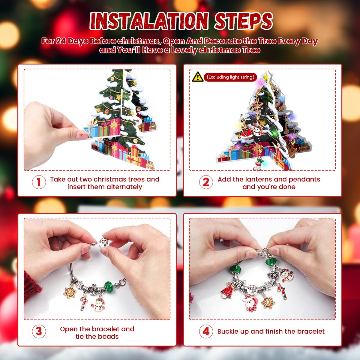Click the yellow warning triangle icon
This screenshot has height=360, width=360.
point(198,77)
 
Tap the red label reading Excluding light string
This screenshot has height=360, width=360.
point(230,77)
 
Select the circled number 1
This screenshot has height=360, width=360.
point(39,182)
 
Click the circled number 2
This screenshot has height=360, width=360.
point(206,182)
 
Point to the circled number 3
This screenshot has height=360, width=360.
point(39,331)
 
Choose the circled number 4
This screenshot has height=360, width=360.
point(206,331)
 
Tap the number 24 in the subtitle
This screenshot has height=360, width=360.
point(61,41)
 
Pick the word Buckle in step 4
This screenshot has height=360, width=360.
point(227,331)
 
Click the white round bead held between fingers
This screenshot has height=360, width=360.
point(104,242)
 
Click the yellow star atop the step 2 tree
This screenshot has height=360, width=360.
point(266,76)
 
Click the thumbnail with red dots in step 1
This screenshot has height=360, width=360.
point(82,134)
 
